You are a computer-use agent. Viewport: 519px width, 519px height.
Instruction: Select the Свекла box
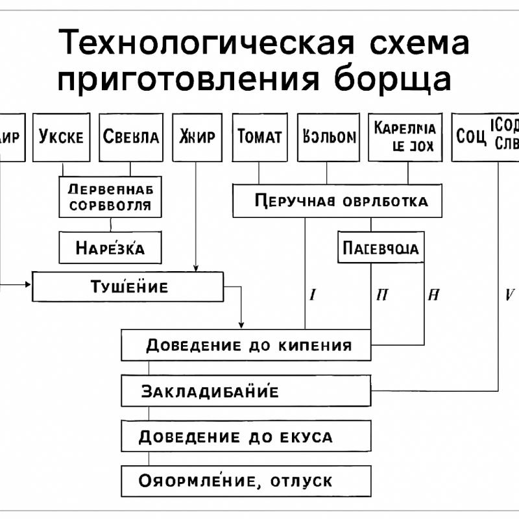coord(130,138)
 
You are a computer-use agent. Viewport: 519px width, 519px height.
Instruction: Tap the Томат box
coord(259,138)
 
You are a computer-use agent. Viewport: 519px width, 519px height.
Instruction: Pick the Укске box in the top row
coord(61,138)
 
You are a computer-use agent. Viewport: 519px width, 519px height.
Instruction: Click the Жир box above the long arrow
coord(197,138)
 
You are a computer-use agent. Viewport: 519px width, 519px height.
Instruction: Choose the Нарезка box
coord(110,248)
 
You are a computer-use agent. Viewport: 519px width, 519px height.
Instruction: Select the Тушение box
coord(128,287)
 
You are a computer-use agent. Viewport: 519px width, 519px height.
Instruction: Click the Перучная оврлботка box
coord(337,201)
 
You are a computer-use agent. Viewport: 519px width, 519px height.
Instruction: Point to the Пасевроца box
coord(381,248)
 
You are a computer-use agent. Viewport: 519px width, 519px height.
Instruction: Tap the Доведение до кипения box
coord(246,344)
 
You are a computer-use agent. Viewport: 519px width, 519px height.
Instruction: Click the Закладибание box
coord(246,391)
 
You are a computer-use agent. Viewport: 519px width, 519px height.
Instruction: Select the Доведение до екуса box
coord(246,437)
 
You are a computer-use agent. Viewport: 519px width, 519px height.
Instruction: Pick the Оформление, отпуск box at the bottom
coord(246,481)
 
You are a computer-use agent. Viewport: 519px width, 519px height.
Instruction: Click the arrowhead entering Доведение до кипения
coord(241,325)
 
